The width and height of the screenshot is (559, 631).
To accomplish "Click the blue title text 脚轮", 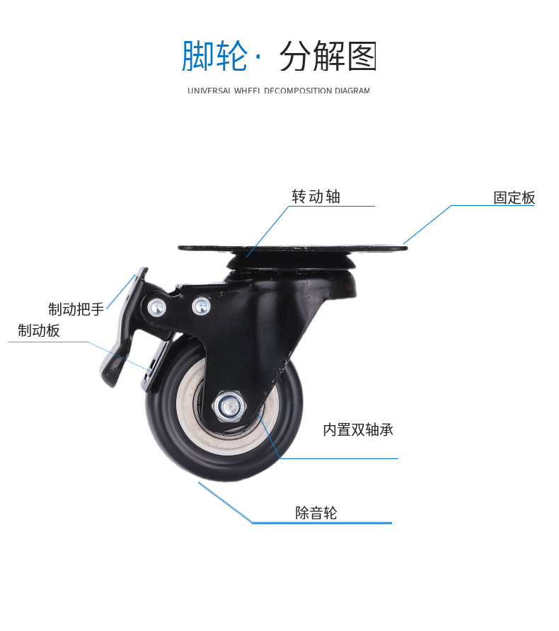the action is (x=214, y=57).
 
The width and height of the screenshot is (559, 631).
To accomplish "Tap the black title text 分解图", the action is (x=328, y=57).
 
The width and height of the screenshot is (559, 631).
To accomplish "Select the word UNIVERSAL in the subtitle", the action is (x=210, y=91).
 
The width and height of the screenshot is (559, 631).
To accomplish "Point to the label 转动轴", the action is (x=316, y=197).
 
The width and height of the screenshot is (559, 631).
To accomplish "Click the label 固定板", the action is (x=514, y=198).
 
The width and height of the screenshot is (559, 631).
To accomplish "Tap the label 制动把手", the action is (x=76, y=309).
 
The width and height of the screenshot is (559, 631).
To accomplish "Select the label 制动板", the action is (x=39, y=330).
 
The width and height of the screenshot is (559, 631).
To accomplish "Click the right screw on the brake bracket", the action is (x=202, y=306).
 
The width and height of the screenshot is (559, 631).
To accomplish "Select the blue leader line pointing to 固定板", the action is (x=427, y=224).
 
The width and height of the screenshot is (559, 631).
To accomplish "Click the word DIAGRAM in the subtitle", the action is (x=352, y=91).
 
